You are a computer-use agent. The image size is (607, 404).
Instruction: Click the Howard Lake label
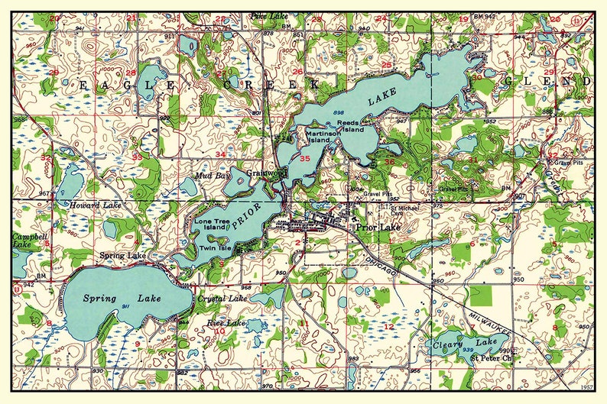click(x=96, y=205)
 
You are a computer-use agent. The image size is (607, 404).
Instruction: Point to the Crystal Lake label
click(x=220, y=299)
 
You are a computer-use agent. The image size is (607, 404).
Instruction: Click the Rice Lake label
click(x=226, y=323)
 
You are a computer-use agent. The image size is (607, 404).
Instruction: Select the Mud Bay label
click(x=212, y=176)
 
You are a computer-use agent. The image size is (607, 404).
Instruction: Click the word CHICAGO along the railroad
click(x=381, y=264)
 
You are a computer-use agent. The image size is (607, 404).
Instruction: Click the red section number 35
click(x=305, y=159)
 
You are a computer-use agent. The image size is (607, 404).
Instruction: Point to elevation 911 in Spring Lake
click(x=125, y=305)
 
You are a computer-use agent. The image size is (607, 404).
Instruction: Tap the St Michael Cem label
click(x=404, y=210)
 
